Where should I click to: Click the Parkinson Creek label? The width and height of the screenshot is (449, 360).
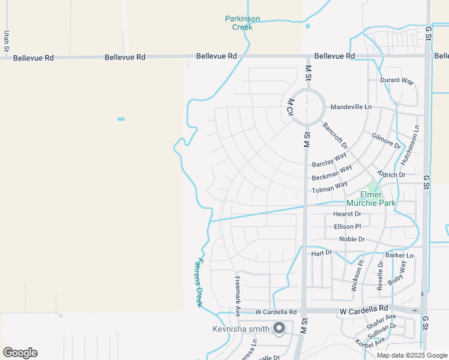[243, 23]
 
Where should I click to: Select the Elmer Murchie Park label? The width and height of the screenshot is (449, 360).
[378, 199]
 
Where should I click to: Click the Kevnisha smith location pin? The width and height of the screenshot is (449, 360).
[279, 328]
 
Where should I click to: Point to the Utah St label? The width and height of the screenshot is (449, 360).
[7, 41]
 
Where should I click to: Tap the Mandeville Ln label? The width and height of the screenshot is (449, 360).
[351, 107]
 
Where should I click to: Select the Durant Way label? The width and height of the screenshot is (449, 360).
[397, 80]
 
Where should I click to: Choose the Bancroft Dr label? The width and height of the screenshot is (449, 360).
[335, 136]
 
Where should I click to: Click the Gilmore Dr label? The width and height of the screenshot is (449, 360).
[386, 142]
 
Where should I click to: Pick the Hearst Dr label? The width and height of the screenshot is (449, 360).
[347, 214]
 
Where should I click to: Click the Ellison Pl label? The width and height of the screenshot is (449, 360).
[348, 226]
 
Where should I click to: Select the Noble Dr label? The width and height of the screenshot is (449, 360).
[352, 239]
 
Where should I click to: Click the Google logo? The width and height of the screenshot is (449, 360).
[20, 353]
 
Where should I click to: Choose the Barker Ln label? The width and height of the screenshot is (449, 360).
[399, 256]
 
